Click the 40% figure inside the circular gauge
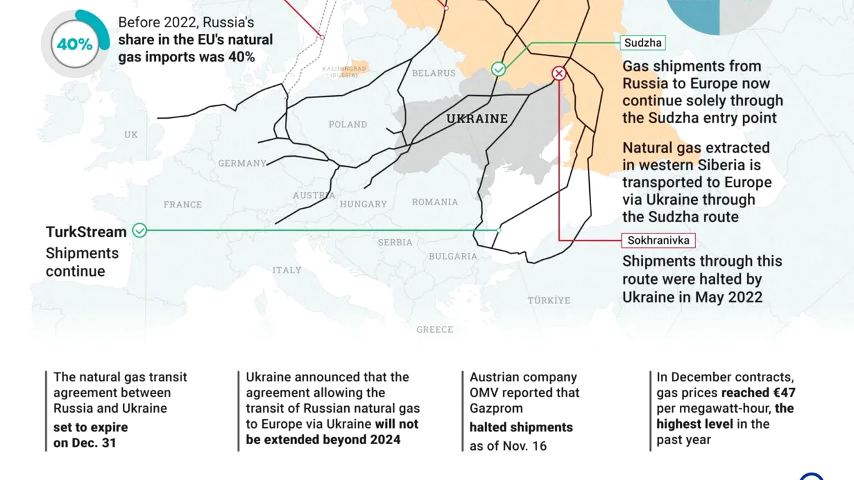pos(75,45)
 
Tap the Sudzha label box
pos(643,43)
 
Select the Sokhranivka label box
pos(658,240)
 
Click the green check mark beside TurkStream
pos(139,231)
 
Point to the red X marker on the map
pos(559,73)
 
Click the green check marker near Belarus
pos(498,69)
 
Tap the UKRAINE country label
pos(476,119)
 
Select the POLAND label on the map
pos(348,125)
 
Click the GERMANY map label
pos(242,163)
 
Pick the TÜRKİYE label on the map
pos(549,301)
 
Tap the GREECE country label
pos(434,329)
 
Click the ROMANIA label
pos(435,202)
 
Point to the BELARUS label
pos(434,73)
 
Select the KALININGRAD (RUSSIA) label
pos(344,71)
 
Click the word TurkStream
pos(86,232)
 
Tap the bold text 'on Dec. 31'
pos(85,443)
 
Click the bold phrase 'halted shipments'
pos(520,427)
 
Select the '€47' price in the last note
pos(781,393)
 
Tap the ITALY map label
pos(287,270)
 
